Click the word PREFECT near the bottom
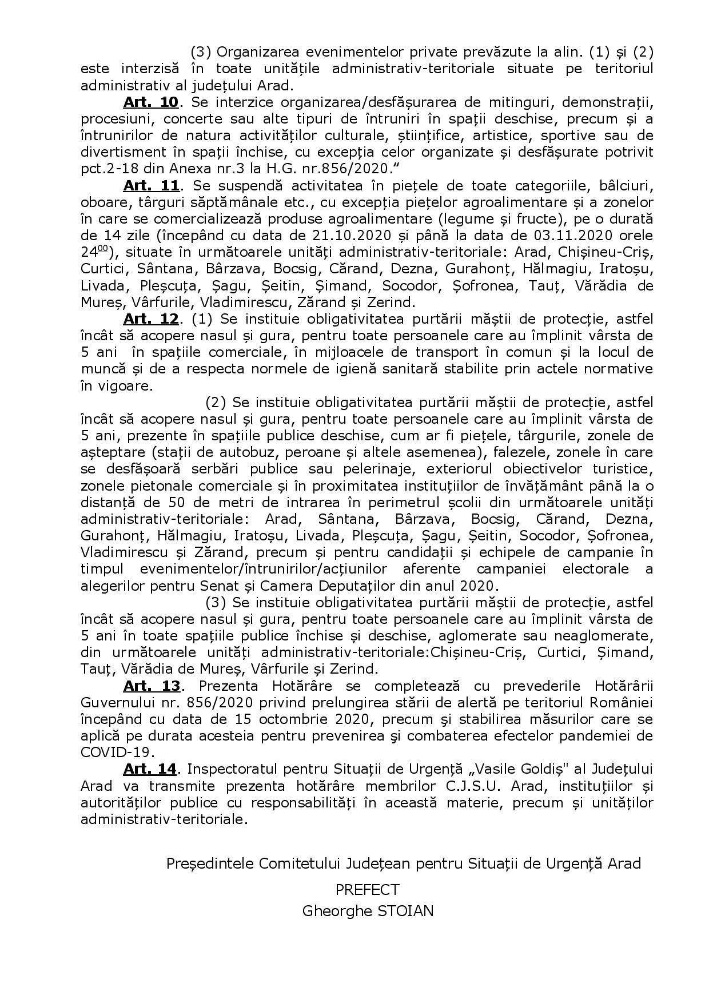click(367, 889)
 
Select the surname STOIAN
click(404, 910)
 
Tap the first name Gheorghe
click(334, 910)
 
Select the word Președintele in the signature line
click(209, 863)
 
